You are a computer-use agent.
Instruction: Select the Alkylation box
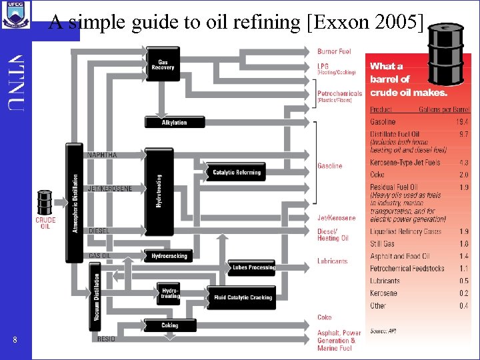tap(174, 123)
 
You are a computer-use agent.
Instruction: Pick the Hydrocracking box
tap(169, 256)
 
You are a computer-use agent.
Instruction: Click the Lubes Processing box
tap(252, 268)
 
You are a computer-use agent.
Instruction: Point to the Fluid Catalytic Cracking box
tap(242, 297)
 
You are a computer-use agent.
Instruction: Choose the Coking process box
tap(169, 325)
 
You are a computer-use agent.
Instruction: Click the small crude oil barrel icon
tap(45, 201)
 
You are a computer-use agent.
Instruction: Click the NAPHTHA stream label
tap(102, 155)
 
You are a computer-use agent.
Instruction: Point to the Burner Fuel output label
tap(334, 51)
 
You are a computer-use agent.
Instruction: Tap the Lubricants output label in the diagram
tap(332, 261)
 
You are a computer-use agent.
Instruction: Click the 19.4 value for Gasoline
tap(461, 122)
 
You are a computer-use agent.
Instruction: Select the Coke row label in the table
tap(377, 175)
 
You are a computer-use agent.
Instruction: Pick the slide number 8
tap(15, 341)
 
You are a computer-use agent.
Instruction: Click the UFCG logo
tap(16, 13)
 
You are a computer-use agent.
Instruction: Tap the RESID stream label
tap(106, 339)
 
